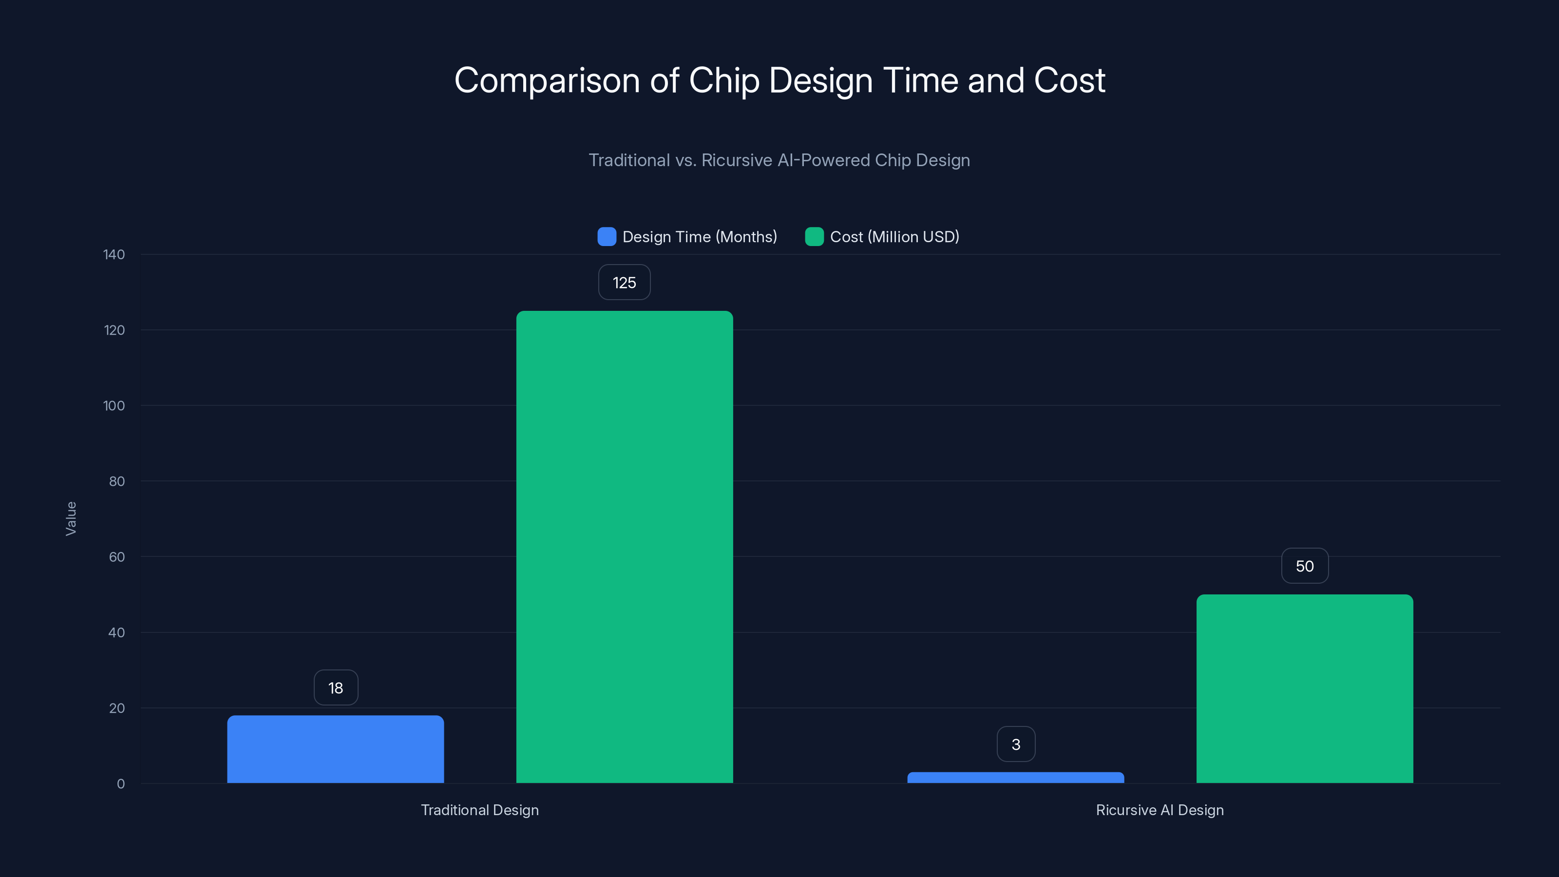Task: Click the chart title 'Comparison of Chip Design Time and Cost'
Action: coord(779,80)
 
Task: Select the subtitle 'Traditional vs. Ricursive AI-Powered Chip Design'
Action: coord(779,160)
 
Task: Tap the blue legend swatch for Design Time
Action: coord(607,237)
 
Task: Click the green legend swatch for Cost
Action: coord(814,237)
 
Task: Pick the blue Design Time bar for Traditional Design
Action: coord(335,749)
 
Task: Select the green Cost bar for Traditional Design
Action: coord(625,547)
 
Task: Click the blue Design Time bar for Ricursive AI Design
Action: coord(1015,778)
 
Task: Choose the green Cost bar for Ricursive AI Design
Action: coord(1305,689)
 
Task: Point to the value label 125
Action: coord(625,283)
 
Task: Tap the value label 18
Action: coord(336,687)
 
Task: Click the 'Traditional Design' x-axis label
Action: coord(480,810)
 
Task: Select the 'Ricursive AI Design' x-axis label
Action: coord(1160,810)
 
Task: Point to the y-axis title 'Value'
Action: coord(71,519)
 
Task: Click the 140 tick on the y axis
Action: coord(114,255)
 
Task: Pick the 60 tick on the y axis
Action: coord(117,557)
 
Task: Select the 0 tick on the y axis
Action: coord(121,784)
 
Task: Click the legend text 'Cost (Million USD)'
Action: coord(894,237)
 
